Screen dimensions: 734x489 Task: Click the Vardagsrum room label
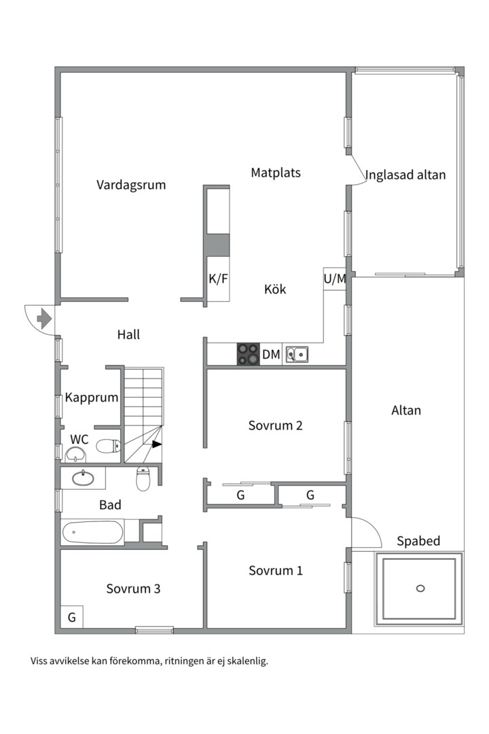pos(131,185)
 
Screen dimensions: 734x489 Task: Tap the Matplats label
pos(275,173)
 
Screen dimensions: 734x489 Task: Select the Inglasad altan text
pos(405,175)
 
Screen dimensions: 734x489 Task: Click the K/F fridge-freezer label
pos(218,279)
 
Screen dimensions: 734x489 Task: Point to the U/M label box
pos(335,279)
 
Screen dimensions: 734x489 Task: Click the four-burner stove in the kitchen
pos(248,354)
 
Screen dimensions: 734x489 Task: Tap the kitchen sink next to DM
pos(297,354)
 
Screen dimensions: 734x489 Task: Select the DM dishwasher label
pos(271,354)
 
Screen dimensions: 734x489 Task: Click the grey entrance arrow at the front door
pos(45,317)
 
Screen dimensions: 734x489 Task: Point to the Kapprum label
pos(92,398)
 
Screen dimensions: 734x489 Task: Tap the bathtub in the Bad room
pos(92,532)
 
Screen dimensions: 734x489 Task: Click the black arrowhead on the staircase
pos(157,444)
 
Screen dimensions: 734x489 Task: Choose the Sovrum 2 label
pos(275,426)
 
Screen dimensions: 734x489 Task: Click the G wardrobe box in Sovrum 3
pos(71,618)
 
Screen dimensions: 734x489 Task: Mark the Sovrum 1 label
pos(275,571)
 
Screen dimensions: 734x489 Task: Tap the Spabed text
pos(418,542)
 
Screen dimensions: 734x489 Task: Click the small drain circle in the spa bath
pos(420,588)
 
